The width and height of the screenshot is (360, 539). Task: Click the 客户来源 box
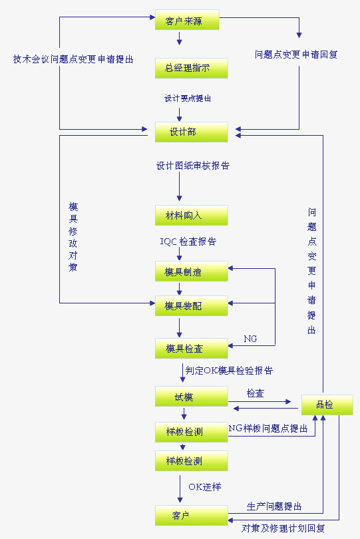coord(187,20)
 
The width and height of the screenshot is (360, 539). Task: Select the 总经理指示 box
coord(191,68)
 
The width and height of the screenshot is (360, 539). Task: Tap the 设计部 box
coord(191,132)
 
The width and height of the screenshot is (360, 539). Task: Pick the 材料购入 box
coord(191,216)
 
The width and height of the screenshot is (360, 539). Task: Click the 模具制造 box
coord(191,271)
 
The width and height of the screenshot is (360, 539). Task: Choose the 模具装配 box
coord(191,306)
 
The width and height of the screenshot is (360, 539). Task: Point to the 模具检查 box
coord(191,349)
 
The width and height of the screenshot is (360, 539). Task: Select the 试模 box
coord(191,397)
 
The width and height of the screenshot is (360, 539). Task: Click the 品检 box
coord(327,405)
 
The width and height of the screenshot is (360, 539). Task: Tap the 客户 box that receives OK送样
coord(191,515)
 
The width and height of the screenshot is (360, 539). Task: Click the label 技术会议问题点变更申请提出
coord(73,59)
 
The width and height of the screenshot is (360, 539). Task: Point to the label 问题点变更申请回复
coord(296,55)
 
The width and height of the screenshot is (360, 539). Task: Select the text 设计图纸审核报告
coord(193,166)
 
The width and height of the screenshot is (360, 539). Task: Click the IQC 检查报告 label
coord(188,242)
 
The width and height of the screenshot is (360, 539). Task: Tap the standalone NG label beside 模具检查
coord(250,339)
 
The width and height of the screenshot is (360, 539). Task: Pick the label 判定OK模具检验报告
coord(229,370)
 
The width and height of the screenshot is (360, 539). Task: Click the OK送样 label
coord(204,486)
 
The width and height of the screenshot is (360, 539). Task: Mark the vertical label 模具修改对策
coord(73,237)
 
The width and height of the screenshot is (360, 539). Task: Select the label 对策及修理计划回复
coord(283,528)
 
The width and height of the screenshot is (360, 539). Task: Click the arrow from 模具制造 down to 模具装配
coord(179,289)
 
